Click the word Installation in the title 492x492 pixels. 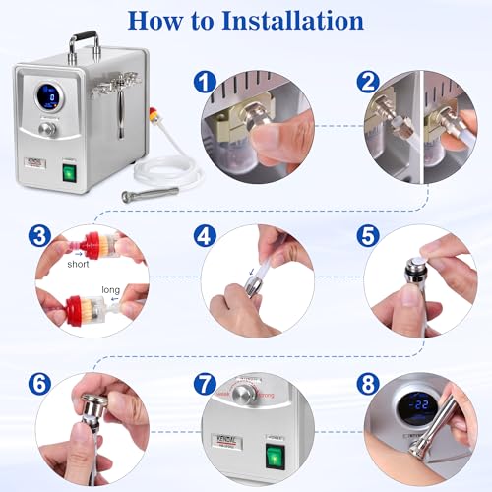[x=295, y=21]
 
